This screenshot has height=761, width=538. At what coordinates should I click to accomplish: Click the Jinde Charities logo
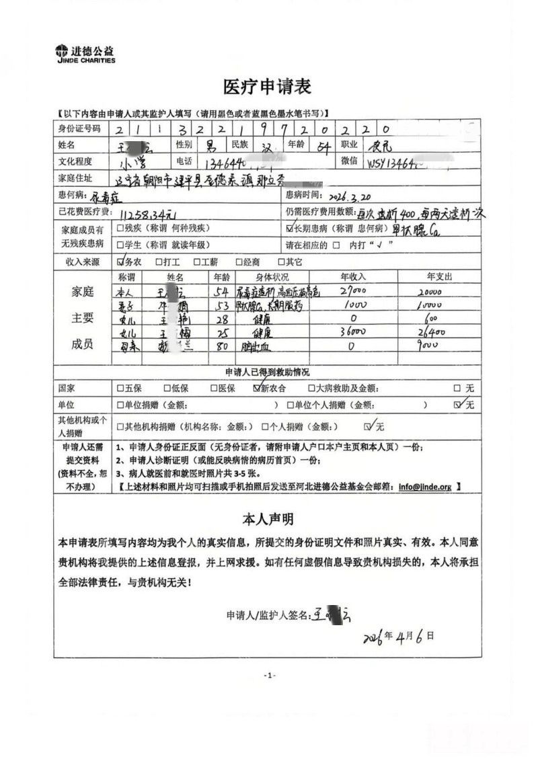(85, 54)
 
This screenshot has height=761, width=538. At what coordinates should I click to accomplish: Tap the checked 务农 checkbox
(121, 262)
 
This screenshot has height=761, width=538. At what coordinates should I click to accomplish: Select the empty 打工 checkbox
(158, 262)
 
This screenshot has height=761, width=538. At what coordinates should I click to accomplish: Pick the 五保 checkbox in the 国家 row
(120, 388)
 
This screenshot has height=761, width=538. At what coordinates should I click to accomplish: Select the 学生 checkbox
(120, 245)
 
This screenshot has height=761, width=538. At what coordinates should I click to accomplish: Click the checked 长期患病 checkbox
(290, 229)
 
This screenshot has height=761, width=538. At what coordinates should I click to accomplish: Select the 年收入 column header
(353, 277)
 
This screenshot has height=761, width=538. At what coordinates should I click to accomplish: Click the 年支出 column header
(439, 277)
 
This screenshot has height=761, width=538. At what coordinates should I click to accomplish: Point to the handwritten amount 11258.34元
(149, 214)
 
